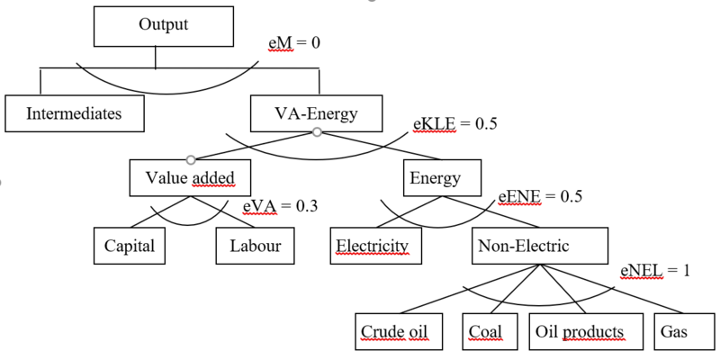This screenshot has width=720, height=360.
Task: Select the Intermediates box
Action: tap(74, 113)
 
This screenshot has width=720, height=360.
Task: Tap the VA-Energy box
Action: tap(317, 113)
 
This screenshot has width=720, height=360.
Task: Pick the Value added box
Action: tap(190, 178)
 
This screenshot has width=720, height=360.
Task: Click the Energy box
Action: tap(436, 178)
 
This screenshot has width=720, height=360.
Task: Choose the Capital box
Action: tap(130, 245)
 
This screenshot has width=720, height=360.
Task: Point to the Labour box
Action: tap(255, 245)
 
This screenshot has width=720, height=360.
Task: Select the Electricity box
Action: tap(373, 245)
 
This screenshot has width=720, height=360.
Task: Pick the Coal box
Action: tap(486, 330)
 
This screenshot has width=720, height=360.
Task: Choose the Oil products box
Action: tap(579, 330)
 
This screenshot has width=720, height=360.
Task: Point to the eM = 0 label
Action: tap(295, 43)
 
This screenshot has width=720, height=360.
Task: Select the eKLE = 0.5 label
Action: tap(454, 124)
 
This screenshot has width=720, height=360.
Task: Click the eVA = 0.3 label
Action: tap(280, 207)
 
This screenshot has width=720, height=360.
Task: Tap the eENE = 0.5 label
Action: tap(540, 196)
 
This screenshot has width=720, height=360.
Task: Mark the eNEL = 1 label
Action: tap(654, 269)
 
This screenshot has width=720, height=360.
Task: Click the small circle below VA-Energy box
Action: tap(317, 132)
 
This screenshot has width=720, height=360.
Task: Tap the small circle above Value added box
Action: tap(190, 159)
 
